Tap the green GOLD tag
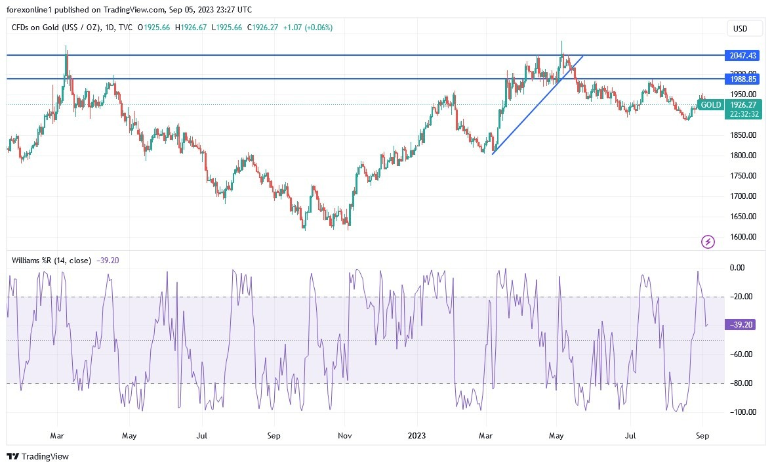tap(710, 105)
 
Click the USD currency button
tap(744, 29)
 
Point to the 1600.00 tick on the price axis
tap(742, 237)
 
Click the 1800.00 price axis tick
tap(742, 156)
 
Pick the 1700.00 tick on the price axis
tap(742, 196)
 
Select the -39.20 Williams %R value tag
tap(741, 324)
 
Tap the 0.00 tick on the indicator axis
tap(737, 268)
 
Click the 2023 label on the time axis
tap(417, 435)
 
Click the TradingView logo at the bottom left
tap(37, 456)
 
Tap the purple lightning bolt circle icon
tap(708, 242)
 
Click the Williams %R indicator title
tap(52, 260)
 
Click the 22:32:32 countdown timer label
tap(744, 114)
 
